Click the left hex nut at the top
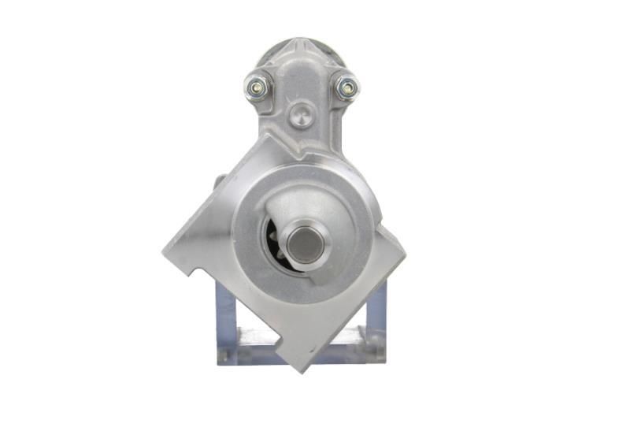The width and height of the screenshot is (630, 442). (256, 87)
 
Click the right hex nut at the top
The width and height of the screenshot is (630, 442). (346, 87)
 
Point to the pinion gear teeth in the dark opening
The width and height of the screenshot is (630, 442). (273, 240)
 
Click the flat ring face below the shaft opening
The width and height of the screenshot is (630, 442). (303, 288)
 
